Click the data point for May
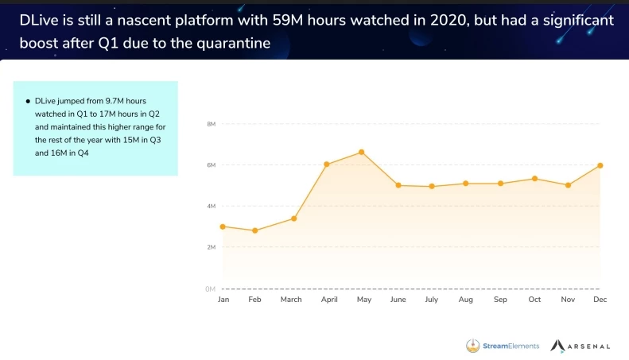pyautogui.click(x=362, y=152)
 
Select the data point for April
pyautogui.click(x=327, y=165)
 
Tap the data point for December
pyautogui.click(x=600, y=165)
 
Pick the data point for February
pyautogui.click(x=254, y=230)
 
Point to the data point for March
pyautogui.click(x=294, y=219)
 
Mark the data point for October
pyautogui.click(x=535, y=178)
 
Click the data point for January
pyautogui.click(x=223, y=226)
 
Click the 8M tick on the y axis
pyautogui.click(x=212, y=124)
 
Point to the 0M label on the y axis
pyautogui.click(x=212, y=288)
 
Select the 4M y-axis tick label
pyautogui.click(x=212, y=206)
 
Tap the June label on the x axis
pyautogui.click(x=398, y=300)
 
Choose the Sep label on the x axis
pyautogui.click(x=500, y=300)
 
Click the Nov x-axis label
pyautogui.click(x=568, y=300)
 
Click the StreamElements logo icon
pyautogui.click(x=472, y=346)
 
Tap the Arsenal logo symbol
pyautogui.click(x=557, y=346)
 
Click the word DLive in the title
pyautogui.click(x=41, y=20)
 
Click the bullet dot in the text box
pyautogui.click(x=28, y=102)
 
